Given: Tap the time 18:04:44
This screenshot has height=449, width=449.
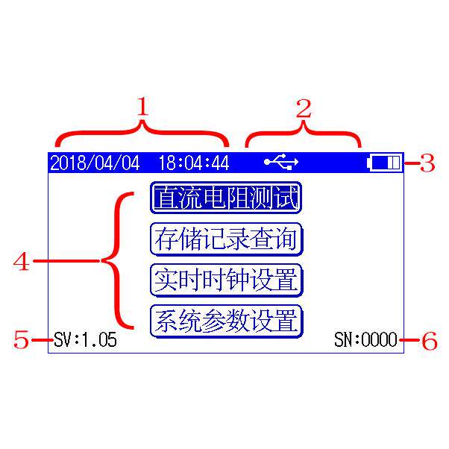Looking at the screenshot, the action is [x=195, y=162].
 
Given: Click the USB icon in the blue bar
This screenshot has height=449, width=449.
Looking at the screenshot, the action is [x=281, y=161].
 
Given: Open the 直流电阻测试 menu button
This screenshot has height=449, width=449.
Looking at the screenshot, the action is [x=226, y=198].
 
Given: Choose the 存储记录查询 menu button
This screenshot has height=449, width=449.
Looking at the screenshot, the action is [x=226, y=239].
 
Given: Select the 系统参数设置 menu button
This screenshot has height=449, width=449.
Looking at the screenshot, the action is [x=226, y=321].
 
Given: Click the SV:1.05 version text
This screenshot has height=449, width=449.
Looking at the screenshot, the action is [x=85, y=340].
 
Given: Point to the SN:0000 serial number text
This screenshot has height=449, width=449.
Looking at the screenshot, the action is [x=365, y=340].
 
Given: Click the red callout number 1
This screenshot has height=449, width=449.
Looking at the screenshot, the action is [x=142, y=110].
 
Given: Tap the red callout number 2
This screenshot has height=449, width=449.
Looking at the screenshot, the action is [x=304, y=110].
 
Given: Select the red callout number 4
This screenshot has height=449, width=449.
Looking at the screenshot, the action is [x=22, y=262].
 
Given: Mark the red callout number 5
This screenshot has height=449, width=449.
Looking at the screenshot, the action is [x=22, y=340].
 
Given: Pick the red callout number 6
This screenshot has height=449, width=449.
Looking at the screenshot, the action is [x=429, y=341].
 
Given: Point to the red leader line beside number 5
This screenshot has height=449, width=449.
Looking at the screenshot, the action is [x=42, y=340].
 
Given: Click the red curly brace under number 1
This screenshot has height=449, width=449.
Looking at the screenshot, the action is [x=142, y=134].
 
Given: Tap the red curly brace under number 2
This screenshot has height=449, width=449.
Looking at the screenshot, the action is [x=304, y=134].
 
